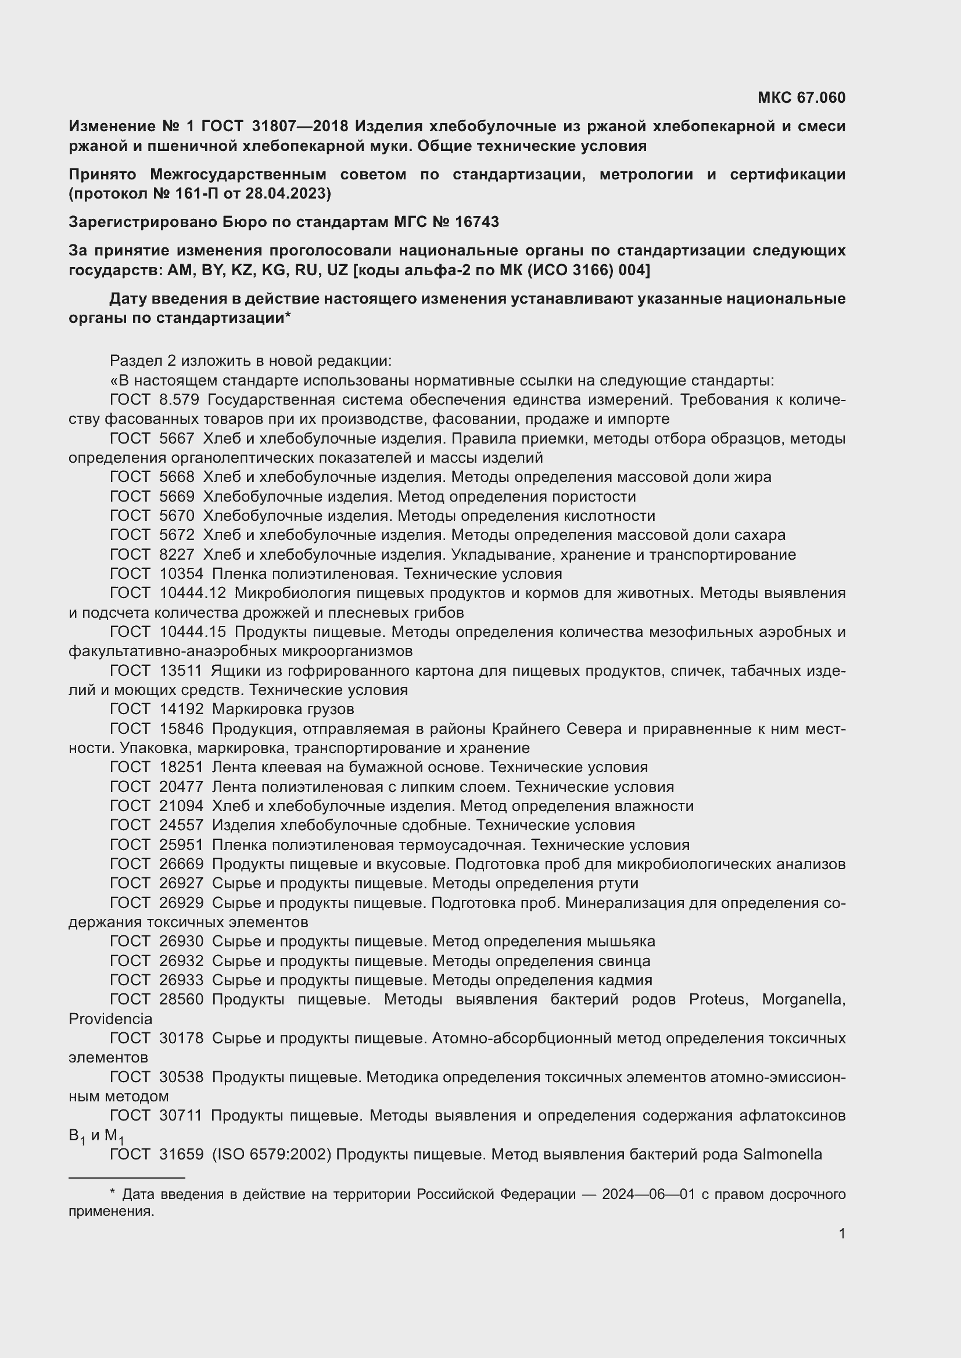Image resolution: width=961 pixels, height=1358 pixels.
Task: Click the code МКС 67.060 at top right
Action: click(x=801, y=98)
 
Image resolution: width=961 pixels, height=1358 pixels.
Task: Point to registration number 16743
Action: click(x=477, y=222)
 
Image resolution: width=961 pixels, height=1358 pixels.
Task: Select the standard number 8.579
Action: click(x=180, y=400)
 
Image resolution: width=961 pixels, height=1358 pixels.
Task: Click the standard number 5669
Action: click(x=177, y=496)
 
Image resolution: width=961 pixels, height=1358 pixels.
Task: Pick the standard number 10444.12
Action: click(x=193, y=593)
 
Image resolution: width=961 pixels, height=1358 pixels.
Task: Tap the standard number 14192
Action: click(x=182, y=708)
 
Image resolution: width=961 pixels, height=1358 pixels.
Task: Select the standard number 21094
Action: click(x=182, y=806)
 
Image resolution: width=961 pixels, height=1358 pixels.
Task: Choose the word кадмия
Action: click(x=628, y=980)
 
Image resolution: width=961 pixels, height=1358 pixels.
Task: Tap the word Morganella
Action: click(x=803, y=999)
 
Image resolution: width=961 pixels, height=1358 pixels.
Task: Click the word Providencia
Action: click(x=110, y=1019)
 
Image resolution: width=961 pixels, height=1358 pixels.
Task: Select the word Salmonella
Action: click(x=782, y=1154)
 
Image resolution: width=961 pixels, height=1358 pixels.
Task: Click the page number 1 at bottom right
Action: click(x=841, y=1233)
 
